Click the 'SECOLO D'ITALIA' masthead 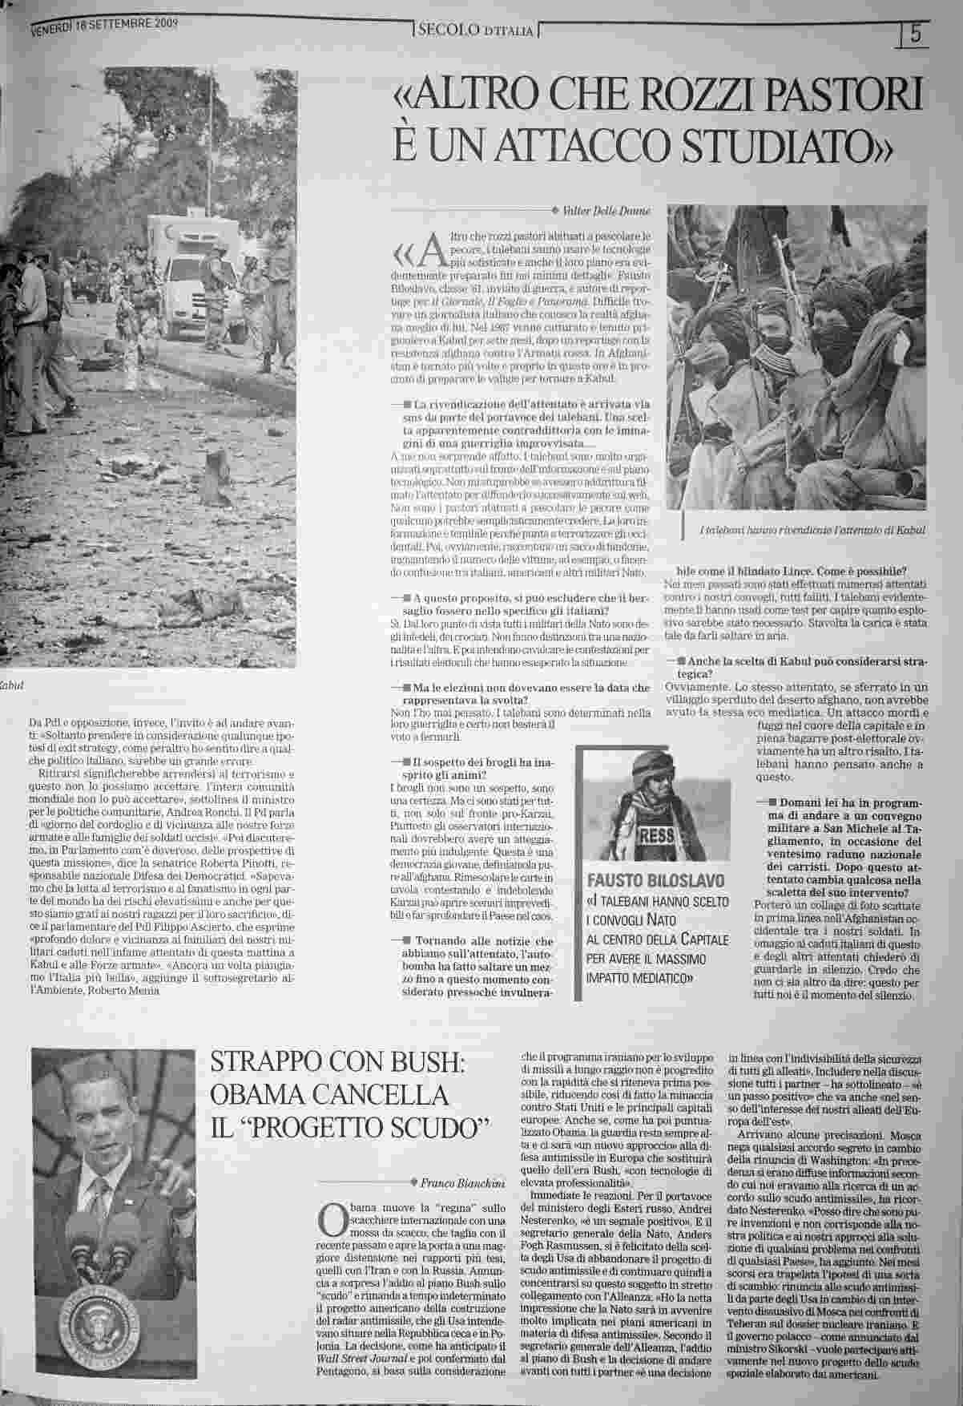[x=476, y=31]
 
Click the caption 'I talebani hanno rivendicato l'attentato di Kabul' [x=812, y=531]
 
